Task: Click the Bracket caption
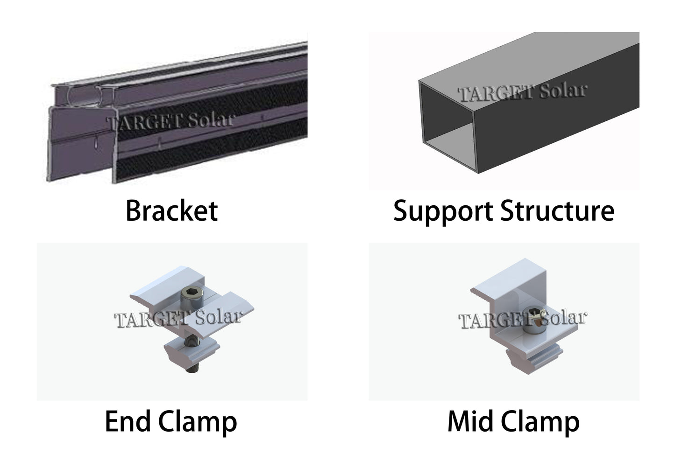[171, 211]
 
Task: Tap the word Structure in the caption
[557, 211]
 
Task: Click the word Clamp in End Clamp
[197, 422]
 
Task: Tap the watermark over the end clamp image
[178, 319]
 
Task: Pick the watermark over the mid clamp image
[522, 320]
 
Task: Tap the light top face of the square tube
[528, 61]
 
